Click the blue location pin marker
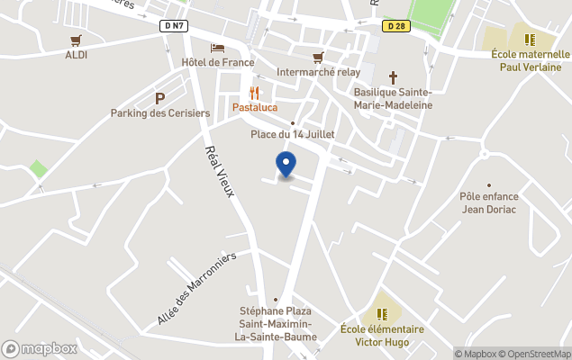285,164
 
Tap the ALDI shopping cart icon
76,40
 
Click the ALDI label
76,55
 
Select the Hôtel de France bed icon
217,48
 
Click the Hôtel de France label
218,62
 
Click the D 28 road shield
394,26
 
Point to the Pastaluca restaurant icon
255,93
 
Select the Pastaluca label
255,108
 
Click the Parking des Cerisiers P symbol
160,98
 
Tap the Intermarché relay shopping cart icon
317,58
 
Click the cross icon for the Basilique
393,77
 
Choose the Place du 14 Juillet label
292,135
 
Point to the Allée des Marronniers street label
196,288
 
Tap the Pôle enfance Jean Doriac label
488,202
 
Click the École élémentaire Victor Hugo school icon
382,313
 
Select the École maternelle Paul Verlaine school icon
530,40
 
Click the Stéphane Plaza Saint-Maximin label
276,318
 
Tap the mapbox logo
40,348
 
